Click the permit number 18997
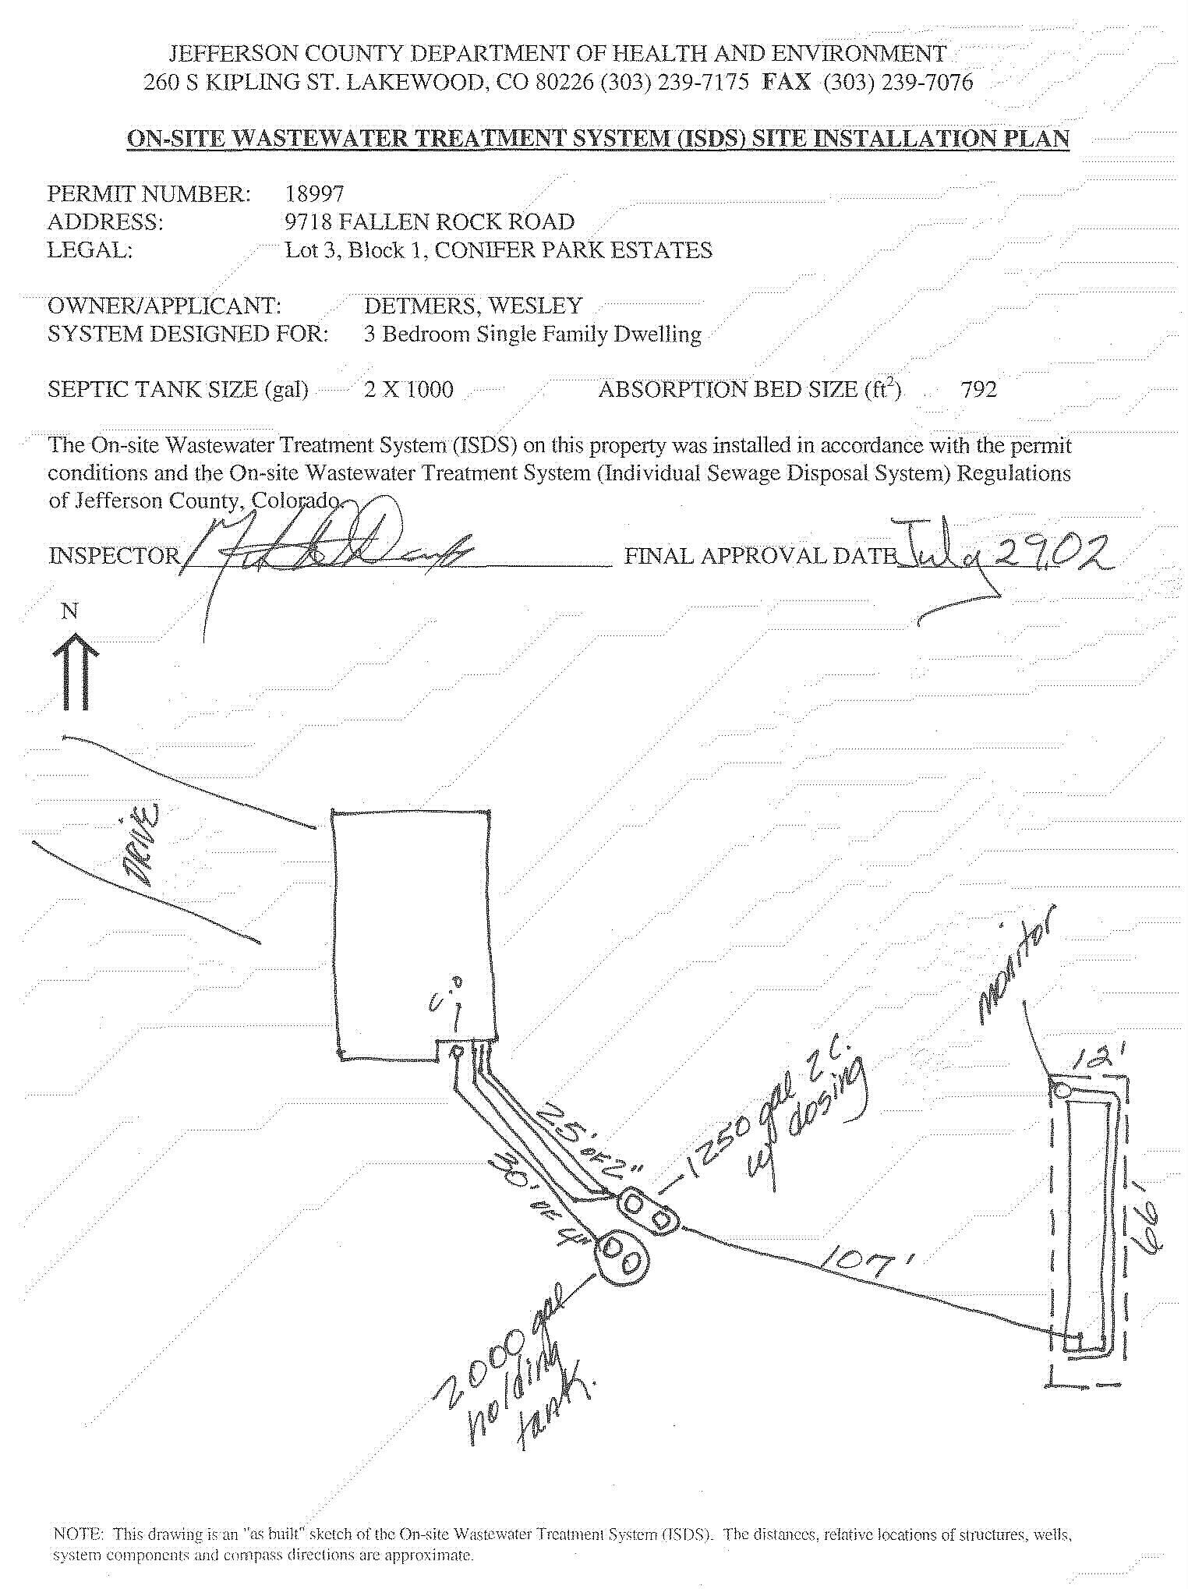(314, 193)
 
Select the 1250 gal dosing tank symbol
(648, 1211)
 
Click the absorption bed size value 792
(978, 389)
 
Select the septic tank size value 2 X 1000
(408, 389)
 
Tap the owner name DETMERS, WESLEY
(472, 306)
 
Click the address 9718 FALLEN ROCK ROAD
(430, 222)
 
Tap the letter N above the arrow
(69, 611)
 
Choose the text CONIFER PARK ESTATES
(573, 250)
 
